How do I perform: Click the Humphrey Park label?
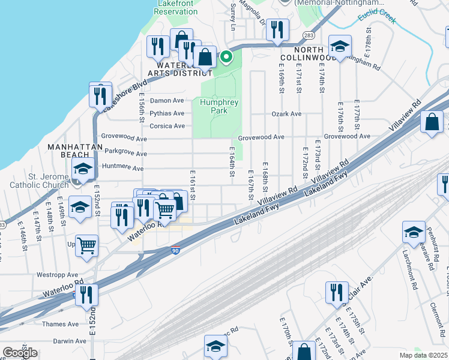[x=219, y=106]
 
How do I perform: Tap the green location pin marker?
[x=226, y=58]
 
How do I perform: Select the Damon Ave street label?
[x=167, y=101]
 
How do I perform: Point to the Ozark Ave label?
[x=286, y=113]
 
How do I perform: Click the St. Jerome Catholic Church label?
[x=39, y=181]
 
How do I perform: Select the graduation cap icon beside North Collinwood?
[x=340, y=46]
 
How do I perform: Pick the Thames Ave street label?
[x=60, y=324]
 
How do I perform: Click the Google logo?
[x=20, y=352]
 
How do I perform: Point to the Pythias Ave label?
[x=167, y=113]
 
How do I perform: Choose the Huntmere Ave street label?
[x=125, y=166]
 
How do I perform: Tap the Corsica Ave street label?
[x=167, y=126]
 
